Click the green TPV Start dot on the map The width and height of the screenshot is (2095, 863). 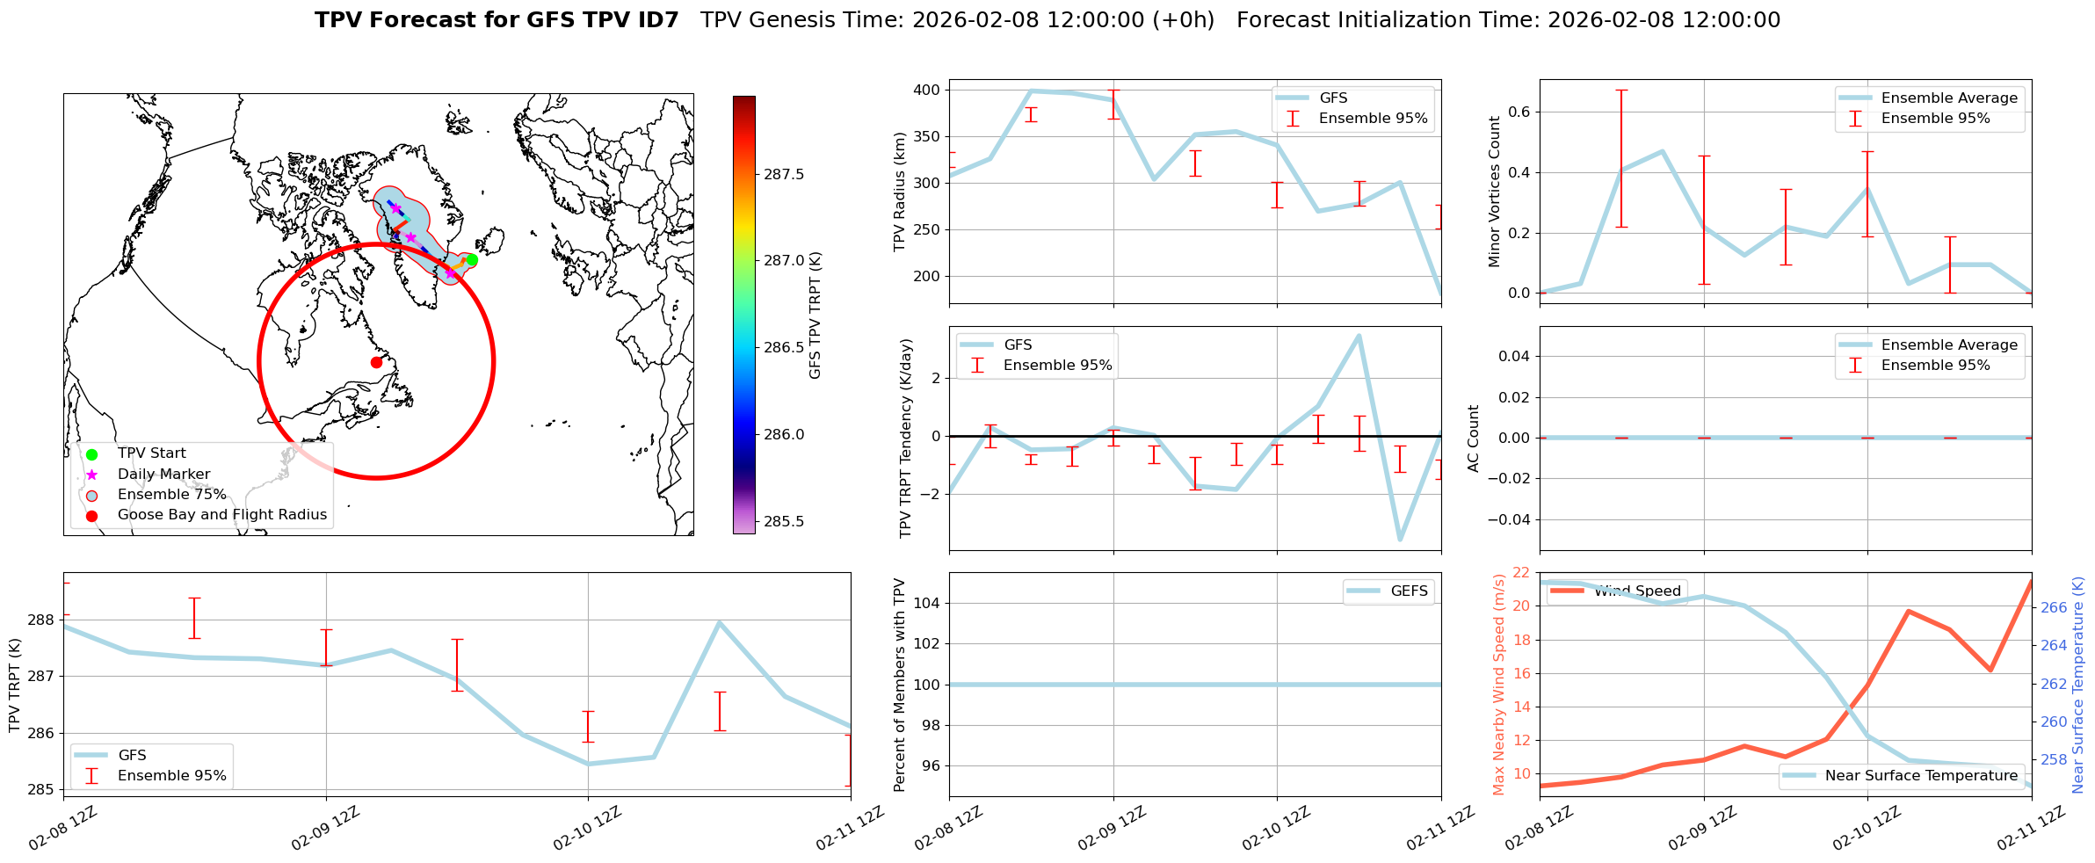click(472, 259)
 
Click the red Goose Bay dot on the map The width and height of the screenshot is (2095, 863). click(376, 362)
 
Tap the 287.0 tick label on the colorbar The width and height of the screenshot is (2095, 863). click(784, 261)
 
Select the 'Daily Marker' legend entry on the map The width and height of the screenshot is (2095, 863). click(163, 474)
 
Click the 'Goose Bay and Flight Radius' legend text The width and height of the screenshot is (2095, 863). click(221, 515)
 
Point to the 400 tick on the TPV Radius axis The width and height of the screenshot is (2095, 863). click(926, 90)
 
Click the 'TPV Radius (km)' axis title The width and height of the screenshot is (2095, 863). click(900, 192)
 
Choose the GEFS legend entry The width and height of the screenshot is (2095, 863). click(1409, 591)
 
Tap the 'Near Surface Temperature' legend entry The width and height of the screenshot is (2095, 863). click(1921, 775)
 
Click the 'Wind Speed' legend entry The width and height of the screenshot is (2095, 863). click(1639, 591)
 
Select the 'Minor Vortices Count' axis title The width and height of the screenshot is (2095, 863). click(1494, 192)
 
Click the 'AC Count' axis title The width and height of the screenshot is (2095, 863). click(1474, 439)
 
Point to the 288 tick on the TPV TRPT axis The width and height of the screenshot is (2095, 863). click(41, 620)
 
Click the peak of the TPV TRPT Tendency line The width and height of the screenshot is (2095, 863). click(1359, 336)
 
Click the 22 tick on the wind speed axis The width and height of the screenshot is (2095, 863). click(1521, 573)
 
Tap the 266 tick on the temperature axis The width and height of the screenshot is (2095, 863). click(2053, 607)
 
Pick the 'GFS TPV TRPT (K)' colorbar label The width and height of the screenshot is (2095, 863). click(816, 315)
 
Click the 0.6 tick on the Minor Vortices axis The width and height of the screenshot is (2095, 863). click(1519, 112)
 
